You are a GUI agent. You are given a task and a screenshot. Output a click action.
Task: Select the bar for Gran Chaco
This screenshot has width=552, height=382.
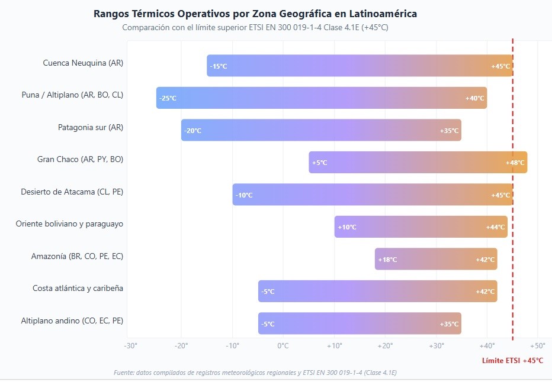click(x=418, y=162)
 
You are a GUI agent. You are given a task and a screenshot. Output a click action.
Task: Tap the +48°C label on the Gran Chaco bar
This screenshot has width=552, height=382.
click(x=515, y=163)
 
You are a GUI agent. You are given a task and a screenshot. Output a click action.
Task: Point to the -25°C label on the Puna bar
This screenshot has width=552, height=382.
click(x=168, y=98)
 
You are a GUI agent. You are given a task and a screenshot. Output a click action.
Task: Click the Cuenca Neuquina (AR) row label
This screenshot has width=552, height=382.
click(x=83, y=63)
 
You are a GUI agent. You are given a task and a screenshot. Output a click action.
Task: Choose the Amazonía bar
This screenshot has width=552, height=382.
click(x=436, y=259)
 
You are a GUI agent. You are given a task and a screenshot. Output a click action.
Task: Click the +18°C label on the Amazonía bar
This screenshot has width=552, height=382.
click(x=387, y=260)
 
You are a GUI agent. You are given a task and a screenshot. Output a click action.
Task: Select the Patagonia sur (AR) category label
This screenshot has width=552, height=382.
click(x=91, y=127)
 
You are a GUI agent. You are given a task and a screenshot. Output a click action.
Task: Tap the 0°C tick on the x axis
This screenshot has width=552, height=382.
click(x=283, y=346)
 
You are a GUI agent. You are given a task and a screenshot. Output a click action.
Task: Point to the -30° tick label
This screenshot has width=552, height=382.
click(x=130, y=346)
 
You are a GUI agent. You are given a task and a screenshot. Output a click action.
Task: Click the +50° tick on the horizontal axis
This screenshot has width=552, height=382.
click(x=537, y=346)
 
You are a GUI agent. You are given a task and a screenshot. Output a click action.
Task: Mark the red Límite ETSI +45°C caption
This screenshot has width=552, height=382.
click(x=512, y=360)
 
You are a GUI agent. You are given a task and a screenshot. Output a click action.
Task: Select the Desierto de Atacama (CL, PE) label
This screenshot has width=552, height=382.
click(x=72, y=192)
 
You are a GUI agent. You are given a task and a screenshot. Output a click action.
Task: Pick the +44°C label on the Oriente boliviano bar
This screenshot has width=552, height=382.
click(x=496, y=227)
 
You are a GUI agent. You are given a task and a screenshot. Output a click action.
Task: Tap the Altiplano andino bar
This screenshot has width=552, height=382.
click(x=360, y=323)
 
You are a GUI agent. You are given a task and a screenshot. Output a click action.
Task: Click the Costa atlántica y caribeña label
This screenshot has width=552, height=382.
click(x=78, y=288)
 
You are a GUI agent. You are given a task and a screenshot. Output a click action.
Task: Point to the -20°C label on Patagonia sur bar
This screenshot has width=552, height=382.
click(x=192, y=131)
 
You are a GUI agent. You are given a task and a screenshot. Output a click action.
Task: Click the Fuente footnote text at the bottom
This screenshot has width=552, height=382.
click(x=255, y=373)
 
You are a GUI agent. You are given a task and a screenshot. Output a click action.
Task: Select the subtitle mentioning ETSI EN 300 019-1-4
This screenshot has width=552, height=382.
click(x=255, y=27)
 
